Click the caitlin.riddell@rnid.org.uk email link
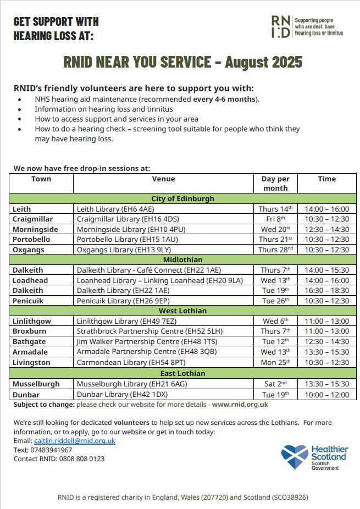[x=75, y=441]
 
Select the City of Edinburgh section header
[x=182, y=198]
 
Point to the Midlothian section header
[x=182, y=259]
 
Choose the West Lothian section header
[x=182, y=311]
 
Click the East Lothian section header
[x=182, y=373]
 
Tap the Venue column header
[x=163, y=179]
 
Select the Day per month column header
[x=275, y=183]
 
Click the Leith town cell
[x=22, y=209]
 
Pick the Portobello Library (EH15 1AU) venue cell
[x=127, y=240]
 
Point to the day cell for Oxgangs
[x=275, y=250]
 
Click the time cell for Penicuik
[x=326, y=301]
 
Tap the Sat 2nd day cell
[x=275, y=384]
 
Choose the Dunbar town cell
[x=25, y=395]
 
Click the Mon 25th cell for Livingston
[x=275, y=362]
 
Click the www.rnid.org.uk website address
[x=240, y=405]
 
